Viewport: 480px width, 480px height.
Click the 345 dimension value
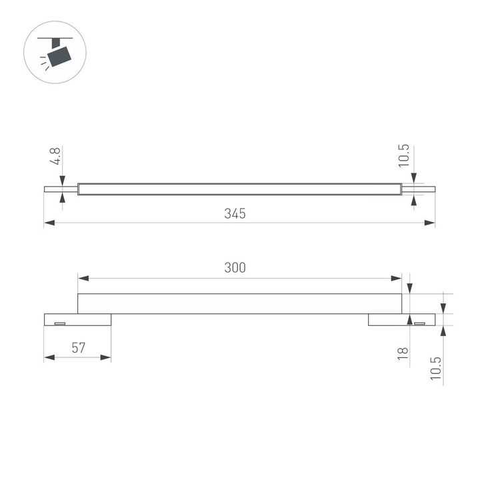(x=235, y=214)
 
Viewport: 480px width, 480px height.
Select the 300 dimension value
(x=235, y=267)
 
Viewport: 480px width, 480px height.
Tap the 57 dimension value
(x=79, y=347)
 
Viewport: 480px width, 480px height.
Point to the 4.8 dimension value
(x=57, y=157)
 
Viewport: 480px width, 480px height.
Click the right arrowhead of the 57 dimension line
(x=107, y=358)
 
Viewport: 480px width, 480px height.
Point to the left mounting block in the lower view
(x=77, y=320)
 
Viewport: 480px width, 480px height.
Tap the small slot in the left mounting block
(x=60, y=323)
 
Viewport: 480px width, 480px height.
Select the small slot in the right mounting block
(x=419, y=323)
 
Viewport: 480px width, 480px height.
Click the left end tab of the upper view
(x=61, y=189)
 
